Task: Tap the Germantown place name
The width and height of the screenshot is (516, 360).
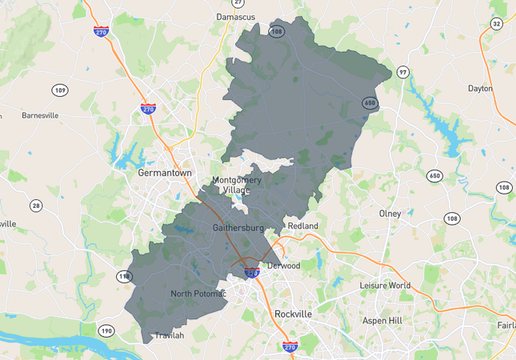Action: point(165,172)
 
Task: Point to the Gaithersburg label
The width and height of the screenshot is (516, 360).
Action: point(238,228)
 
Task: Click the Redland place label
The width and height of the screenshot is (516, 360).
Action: point(303,226)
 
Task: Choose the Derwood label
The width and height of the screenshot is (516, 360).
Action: point(283,266)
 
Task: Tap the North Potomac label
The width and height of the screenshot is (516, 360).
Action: point(198,294)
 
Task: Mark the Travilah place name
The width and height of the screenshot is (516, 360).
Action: point(169,335)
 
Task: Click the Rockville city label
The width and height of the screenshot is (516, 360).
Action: point(293,314)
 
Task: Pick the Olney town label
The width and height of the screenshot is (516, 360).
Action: point(390,214)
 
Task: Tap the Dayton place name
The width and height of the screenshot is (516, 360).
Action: point(480,89)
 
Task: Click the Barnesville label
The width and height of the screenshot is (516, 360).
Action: point(40,115)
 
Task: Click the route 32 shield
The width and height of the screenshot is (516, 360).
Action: point(497,24)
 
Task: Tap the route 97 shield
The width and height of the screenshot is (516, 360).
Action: point(402,72)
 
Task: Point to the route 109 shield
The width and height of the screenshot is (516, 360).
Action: point(60,90)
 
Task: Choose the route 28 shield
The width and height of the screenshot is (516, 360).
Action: point(36,206)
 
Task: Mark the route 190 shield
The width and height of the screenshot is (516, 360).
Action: point(106,330)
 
